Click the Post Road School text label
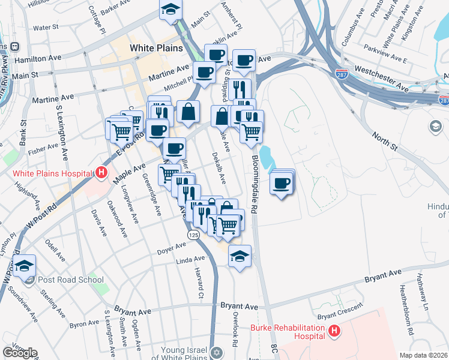tap(71, 280)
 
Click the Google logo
tap(20, 352)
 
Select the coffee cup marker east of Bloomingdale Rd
tap(282, 182)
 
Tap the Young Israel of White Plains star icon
tap(217, 352)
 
